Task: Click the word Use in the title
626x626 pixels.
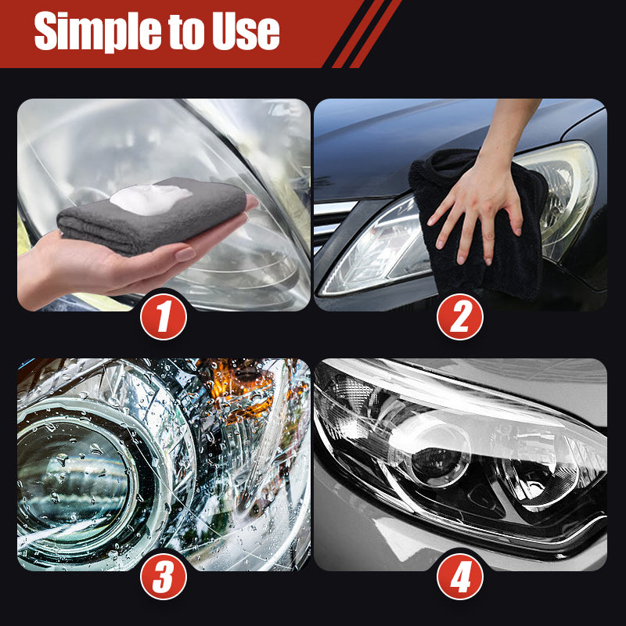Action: click(246, 31)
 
